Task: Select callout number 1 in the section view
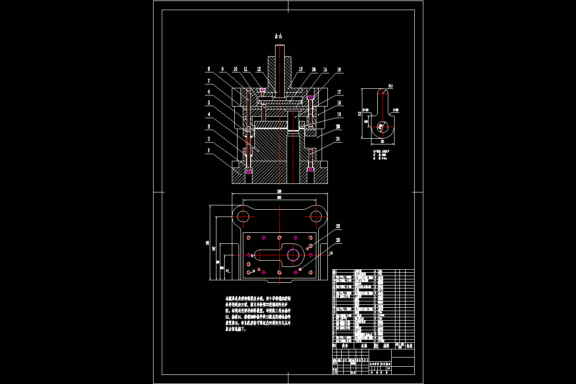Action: click(x=209, y=150)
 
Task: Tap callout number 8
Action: click(x=209, y=69)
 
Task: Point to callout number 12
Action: click(x=259, y=69)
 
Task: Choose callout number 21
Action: click(x=338, y=139)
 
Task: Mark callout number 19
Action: click(x=338, y=114)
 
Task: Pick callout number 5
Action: click(x=209, y=103)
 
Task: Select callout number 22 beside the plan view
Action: click(x=337, y=226)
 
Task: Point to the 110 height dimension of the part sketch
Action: click(x=360, y=114)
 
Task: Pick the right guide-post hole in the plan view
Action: click(x=316, y=216)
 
